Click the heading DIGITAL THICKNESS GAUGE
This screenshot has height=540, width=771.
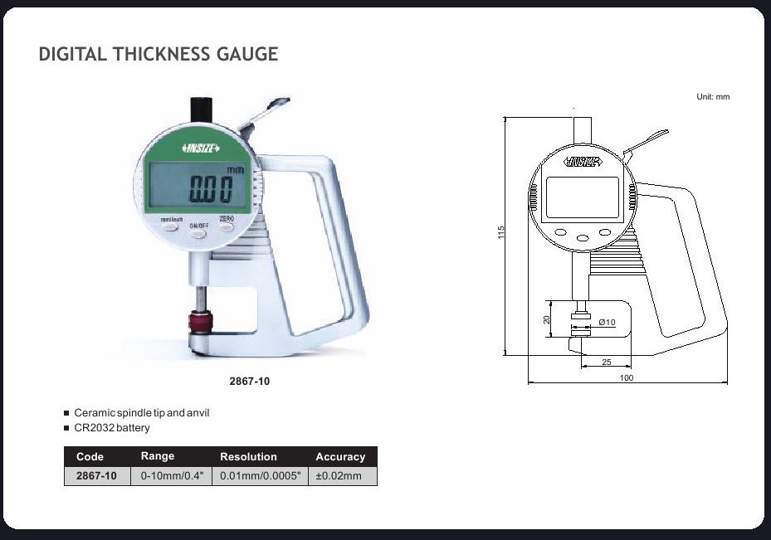point(159,55)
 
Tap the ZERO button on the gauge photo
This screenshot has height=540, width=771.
point(227,221)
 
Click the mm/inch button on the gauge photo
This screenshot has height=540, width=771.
point(171,222)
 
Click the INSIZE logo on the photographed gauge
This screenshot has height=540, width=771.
point(201,148)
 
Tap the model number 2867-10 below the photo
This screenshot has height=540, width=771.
point(249,382)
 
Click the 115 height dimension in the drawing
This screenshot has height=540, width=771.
point(501,233)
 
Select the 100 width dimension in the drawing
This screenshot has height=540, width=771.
point(627,378)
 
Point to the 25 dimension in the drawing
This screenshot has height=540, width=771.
point(607,362)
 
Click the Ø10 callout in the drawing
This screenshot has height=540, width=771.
point(607,322)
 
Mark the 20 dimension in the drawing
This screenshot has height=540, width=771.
point(547,320)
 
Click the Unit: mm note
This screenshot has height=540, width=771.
point(713,97)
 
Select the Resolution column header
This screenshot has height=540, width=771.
point(248,457)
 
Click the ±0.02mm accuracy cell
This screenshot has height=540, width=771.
point(339,476)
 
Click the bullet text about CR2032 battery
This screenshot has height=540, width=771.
point(112,428)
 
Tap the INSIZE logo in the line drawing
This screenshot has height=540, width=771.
point(583,163)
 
